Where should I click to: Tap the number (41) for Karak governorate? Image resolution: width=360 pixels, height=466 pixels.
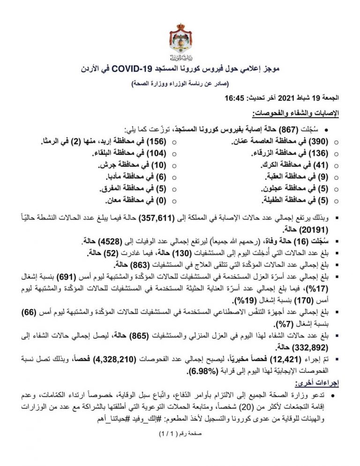(326, 165)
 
